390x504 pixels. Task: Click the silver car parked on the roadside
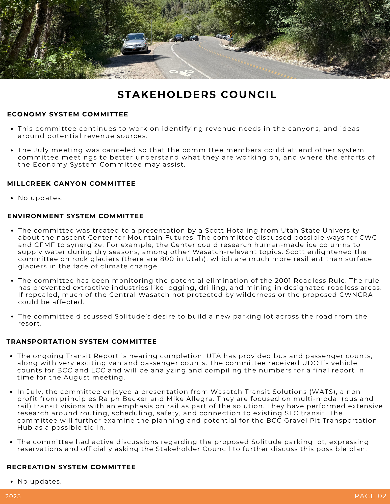coord(135,43)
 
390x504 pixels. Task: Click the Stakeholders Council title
coord(197,94)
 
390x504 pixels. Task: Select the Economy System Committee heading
coord(68,114)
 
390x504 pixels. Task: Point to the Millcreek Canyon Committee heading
coord(71,183)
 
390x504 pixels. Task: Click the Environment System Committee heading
coord(75,216)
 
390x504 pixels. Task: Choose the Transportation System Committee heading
coord(82,341)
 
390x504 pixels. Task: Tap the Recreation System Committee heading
coord(71,467)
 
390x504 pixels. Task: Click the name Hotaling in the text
coord(242,231)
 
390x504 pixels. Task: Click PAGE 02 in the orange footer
coord(370,496)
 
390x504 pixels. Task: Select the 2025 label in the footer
coord(13,496)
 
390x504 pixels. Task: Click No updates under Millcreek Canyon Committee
coord(40,198)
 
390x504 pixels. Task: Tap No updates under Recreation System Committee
coord(40,482)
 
